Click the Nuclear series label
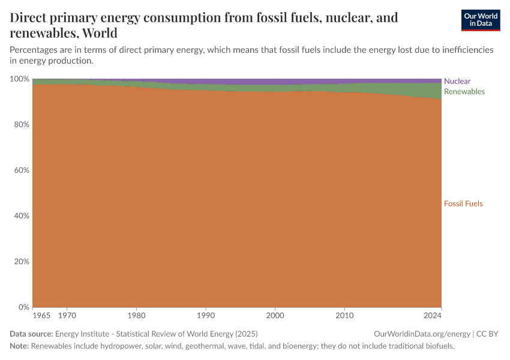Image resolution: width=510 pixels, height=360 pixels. click(x=457, y=81)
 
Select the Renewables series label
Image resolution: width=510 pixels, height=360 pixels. click(x=464, y=91)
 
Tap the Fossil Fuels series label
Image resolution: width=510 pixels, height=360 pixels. click(x=463, y=203)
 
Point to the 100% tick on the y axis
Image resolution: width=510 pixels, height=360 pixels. click(x=20, y=79)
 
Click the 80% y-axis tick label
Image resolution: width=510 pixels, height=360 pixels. click(x=22, y=125)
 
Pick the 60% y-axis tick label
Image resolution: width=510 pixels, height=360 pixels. click(x=22, y=170)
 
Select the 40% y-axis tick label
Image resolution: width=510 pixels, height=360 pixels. click(x=22, y=216)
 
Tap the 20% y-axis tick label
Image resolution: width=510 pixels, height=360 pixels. click(x=22, y=262)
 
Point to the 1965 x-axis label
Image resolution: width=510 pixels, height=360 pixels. click(x=41, y=315)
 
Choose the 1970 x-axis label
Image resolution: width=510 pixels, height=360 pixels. click(x=67, y=315)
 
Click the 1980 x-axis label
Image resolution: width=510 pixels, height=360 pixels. click(x=136, y=315)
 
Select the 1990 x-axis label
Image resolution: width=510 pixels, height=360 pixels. click(x=206, y=315)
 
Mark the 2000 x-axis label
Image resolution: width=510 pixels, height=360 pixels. click(x=275, y=315)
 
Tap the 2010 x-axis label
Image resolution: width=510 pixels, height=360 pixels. click(x=344, y=315)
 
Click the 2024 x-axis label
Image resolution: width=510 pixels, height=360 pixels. click(x=432, y=315)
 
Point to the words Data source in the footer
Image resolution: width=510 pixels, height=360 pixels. click(x=31, y=334)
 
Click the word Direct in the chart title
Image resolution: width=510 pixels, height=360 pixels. click(x=30, y=17)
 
